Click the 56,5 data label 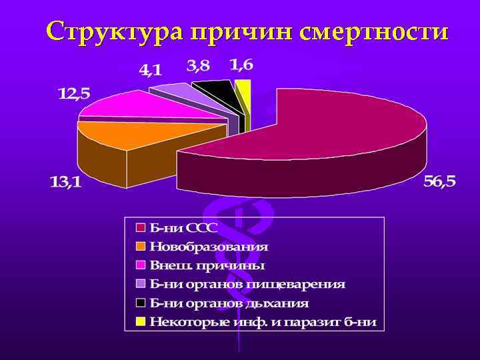point(439,182)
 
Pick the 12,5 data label point(74,94)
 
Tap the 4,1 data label point(150,69)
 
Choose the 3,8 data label point(198,65)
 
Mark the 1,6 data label point(241,65)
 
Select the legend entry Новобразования point(209,246)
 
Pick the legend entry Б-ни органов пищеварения point(247,284)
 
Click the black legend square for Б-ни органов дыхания point(141,303)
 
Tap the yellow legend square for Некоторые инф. point(141,322)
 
